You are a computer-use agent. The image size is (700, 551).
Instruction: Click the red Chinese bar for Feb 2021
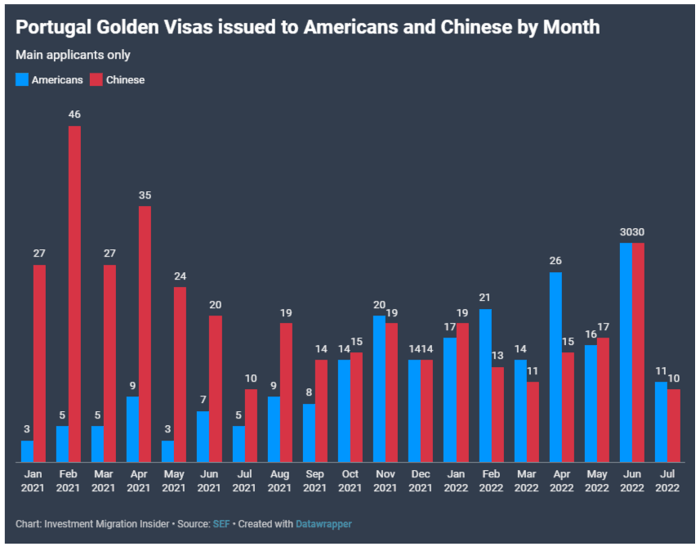click(x=74, y=294)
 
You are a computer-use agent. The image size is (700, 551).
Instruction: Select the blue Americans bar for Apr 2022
click(x=555, y=367)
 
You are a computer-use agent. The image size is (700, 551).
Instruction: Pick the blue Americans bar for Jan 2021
click(x=27, y=451)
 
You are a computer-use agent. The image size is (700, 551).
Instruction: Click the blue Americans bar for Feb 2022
click(x=485, y=385)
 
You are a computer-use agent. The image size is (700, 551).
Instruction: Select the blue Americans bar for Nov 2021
click(x=379, y=389)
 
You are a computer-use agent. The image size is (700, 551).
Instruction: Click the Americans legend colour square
click(x=22, y=79)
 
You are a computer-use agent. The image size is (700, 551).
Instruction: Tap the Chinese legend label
click(x=125, y=80)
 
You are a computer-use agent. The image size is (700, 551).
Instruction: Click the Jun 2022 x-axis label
click(x=632, y=482)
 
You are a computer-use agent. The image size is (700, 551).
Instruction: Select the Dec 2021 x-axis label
click(x=421, y=482)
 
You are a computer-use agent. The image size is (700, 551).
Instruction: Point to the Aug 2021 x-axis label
click(x=279, y=482)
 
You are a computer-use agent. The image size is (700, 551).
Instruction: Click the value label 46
click(x=74, y=114)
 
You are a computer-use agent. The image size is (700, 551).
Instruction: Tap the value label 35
click(x=145, y=195)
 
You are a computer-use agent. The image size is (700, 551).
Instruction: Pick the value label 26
click(x=555, y=261)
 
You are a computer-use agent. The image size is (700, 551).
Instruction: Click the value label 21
click(x=485, y=298)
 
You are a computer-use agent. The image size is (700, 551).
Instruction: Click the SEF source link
click(x=221, y=524)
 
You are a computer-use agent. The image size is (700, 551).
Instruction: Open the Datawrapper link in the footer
click(x=324, y=524)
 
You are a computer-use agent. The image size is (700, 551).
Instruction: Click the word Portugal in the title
click(x=53, y=27)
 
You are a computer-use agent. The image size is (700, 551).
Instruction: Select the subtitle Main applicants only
click(x=73, y=55)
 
